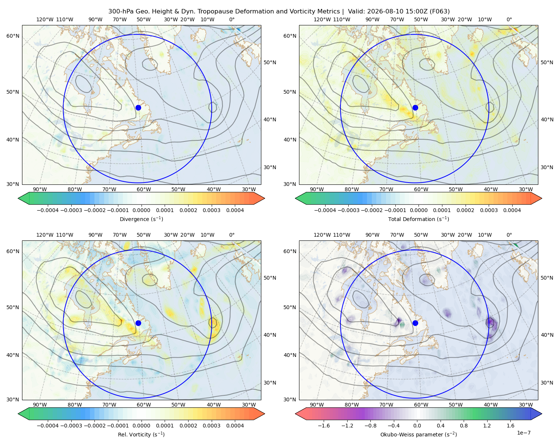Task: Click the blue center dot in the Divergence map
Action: click(x=138, y=108)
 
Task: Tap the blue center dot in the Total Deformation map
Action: click(x=415, y=108)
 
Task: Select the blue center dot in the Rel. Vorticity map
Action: click(x=138, y=323)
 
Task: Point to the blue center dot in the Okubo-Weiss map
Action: click(x=415, y=323)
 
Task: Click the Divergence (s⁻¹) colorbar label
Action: click(x=141, y=219)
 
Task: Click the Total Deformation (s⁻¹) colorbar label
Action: click(x=419, y=219)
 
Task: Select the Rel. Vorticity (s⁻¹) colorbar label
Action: click(x=141, y=434)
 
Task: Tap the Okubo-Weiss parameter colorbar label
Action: click(x=419, y=434)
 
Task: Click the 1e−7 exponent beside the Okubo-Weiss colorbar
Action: click(x=523, y=433)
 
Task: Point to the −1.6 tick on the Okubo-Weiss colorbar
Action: click(x=324, y=425)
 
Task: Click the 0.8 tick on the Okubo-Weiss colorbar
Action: click(x=464, y=425)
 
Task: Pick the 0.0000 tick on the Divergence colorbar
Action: click(x=141, y=210)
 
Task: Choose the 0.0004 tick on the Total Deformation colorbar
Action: click(x=512, y=210)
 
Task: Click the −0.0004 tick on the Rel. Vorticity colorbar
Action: click(x=48, y=425)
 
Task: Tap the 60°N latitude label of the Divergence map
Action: click(x=13, y=36)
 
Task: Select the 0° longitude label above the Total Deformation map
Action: click(x=509, y=19)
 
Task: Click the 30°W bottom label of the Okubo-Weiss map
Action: click(x=526, y=405)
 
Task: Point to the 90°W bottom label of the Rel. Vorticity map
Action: click(x=40, y=405)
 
